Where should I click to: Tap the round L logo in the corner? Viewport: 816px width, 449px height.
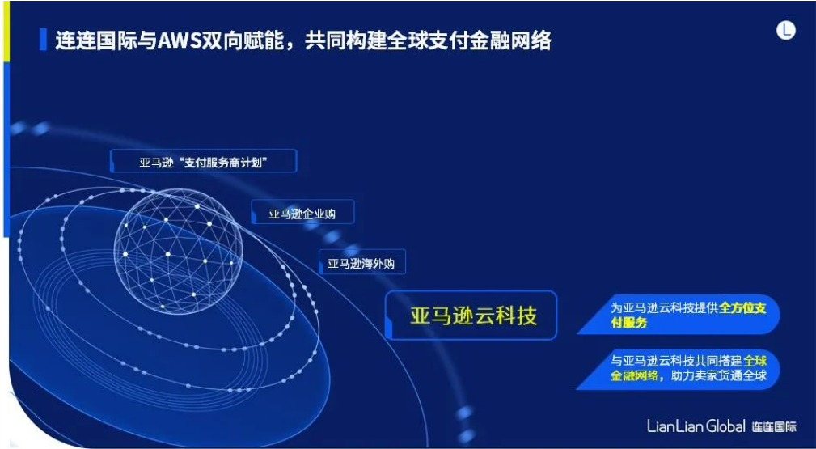click(786, 30)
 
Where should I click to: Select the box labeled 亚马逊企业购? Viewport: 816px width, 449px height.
click(302, 213)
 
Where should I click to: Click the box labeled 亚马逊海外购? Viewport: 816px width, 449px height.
click(361, 263)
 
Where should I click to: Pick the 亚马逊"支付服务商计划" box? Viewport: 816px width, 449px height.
click(204, 162)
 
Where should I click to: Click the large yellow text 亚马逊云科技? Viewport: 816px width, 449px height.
click(473, 316)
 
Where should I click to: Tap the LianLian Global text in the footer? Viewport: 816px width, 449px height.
click(696, 426)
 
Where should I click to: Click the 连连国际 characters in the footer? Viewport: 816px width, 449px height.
click(774, 427)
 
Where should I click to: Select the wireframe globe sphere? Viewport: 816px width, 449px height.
click(178, 251)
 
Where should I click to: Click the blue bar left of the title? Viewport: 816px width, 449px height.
click(43, 40)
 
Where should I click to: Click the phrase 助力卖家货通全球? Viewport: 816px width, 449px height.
click(719, 375)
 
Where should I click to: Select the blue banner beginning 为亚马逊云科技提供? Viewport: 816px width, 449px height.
click(679, 316)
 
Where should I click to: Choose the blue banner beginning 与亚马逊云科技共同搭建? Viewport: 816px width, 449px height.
click(679, 369)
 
